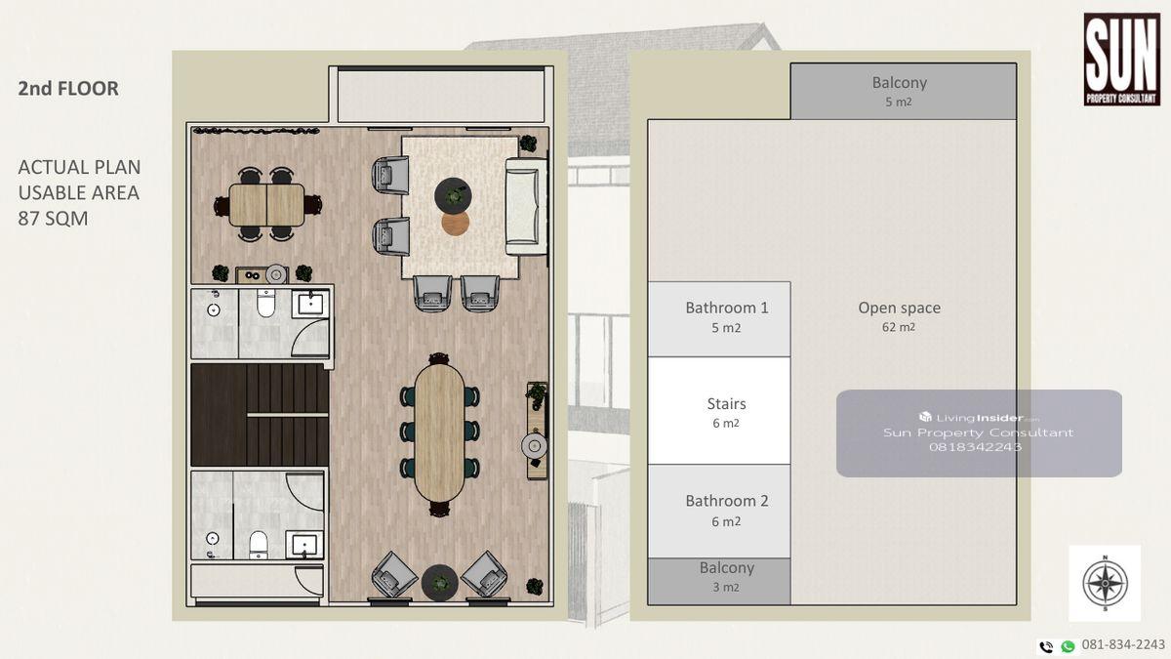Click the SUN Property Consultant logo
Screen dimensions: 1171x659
pyautogui.click(x=1122, y=60)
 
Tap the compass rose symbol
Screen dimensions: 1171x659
pyautogui.click(x=1105, y=583)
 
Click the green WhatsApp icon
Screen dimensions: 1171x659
pyautogui.click(x=1068, y=646)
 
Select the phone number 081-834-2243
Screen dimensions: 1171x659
pyautogui.click(x=1123, y=645)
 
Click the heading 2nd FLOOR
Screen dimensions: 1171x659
pyautogui.click(x=68, y=89)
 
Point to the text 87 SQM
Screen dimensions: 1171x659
pyautogui.click(x=53, y=219)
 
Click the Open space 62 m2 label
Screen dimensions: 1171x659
pyautogui.click(x=899, y=316)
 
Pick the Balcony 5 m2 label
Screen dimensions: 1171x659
pyautogui.click(x=899, y=92)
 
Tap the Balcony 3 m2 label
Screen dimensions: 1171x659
pyautogui.click(x=727, y=577)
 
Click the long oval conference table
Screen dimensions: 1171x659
pyautogui.click(x=439, y=432)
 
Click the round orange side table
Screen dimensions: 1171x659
pyautogui.click(x=455, y=223)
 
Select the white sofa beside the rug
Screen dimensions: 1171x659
pyautogui.click(x=526, y=206)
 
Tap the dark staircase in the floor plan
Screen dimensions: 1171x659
pyautogui.click(x=260, y=415)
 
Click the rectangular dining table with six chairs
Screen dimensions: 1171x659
pyautogui.click(x=266, y=205)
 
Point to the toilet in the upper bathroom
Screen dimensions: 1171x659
pyautogui.click(x=265, y=304)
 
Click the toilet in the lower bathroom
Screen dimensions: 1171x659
pyautogui.click(x=259, y=545)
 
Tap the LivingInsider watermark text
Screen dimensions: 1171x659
pyautogui.click(x=979, y=418)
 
